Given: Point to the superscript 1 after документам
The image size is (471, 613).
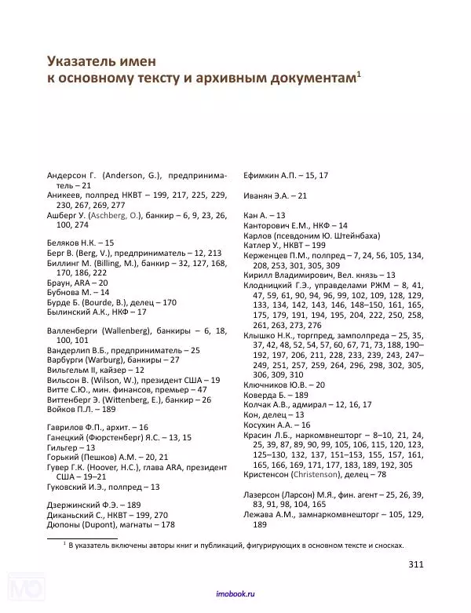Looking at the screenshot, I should pyautogui.click(x=358, y=74).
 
